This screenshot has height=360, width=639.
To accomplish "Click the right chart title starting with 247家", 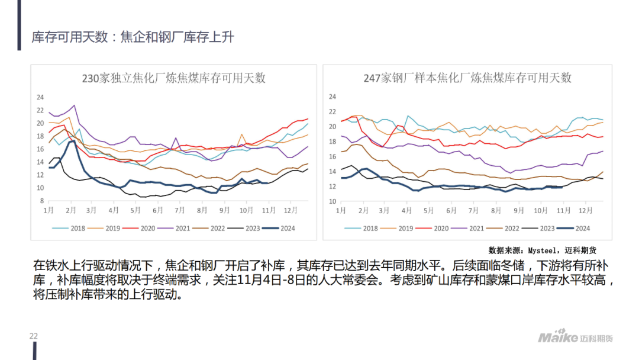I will [x=467, y=78].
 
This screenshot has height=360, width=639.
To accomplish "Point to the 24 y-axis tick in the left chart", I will [x=40, y=97].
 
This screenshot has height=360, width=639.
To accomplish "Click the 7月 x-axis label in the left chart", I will [x=180, y=210].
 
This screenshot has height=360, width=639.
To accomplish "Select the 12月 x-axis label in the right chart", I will [x=585, y=210].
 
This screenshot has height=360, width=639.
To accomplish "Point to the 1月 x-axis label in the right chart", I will [x=341, y=210].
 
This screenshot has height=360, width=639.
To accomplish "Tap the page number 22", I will [x=34, y=336].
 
